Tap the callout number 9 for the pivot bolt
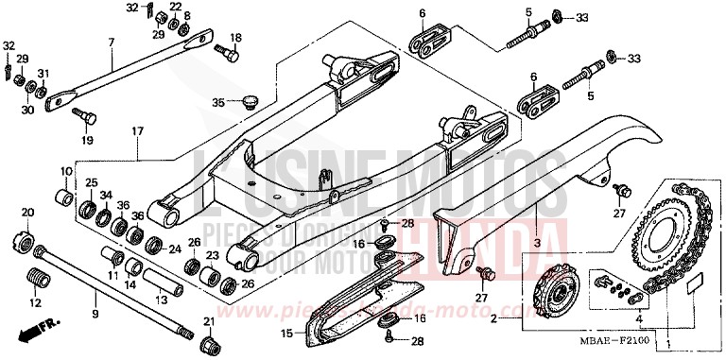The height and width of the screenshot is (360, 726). pyautogui.click(x=94, y=313)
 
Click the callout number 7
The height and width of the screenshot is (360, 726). pyautogui.click(x=111, y=43)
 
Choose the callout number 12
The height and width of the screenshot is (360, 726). pyautogui.click(x=36, y=303)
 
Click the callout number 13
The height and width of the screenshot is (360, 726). pyautogui.click(x=161, y=299)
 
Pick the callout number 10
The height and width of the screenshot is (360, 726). pyautogui.click(x=67, y=172)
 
